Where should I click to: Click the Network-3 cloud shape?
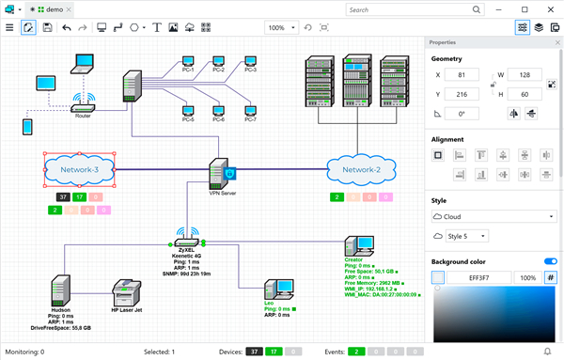click(79, 169)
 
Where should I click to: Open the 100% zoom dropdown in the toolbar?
click(280, 28)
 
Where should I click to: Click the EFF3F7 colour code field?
click(479, 277)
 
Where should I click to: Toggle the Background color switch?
click(550, 260)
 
